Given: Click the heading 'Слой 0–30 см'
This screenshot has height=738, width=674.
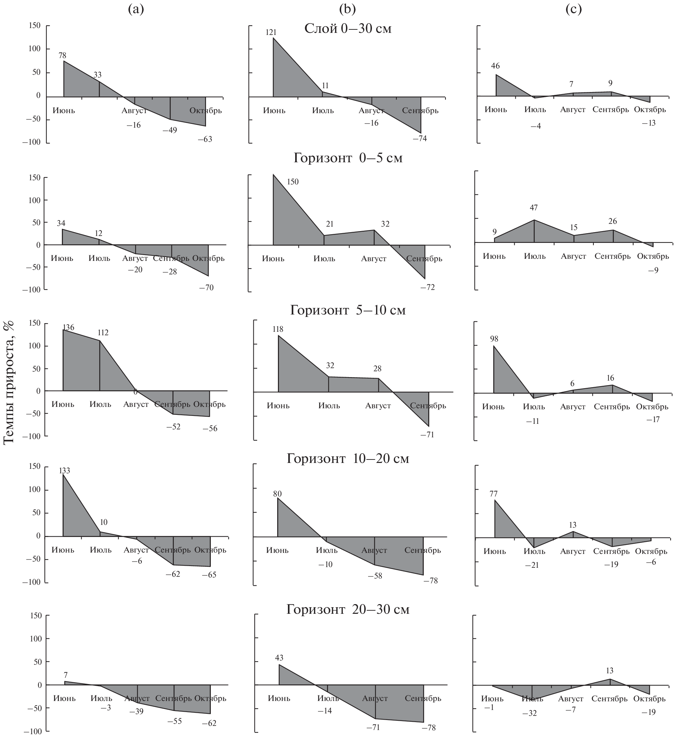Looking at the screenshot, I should [x=348, y=28].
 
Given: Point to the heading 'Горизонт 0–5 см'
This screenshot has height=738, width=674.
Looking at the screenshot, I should [x=348, y=158].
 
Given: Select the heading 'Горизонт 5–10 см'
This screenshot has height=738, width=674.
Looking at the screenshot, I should [x=348, y=310].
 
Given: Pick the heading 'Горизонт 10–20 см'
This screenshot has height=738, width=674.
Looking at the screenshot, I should [x=348, y=458].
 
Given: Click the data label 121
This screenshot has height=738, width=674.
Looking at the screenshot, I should [x=271, y=33].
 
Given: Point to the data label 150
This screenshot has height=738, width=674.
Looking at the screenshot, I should [x=292, y=182].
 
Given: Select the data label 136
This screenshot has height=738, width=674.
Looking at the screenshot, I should [x=68, y=327].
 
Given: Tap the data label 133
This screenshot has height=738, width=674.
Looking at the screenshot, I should [x=64, y=471].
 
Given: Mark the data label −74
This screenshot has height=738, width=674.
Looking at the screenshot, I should [x=420, y=138].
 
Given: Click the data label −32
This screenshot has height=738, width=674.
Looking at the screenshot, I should [x=529, y=713].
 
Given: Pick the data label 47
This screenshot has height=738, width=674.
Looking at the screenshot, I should [x=534, y=208].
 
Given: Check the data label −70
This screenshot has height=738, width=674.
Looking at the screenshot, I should [x=206, y=288].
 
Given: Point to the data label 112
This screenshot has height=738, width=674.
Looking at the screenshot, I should [x=103, y=333].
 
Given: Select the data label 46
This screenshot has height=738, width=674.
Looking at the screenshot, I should [x=495, y=66].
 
